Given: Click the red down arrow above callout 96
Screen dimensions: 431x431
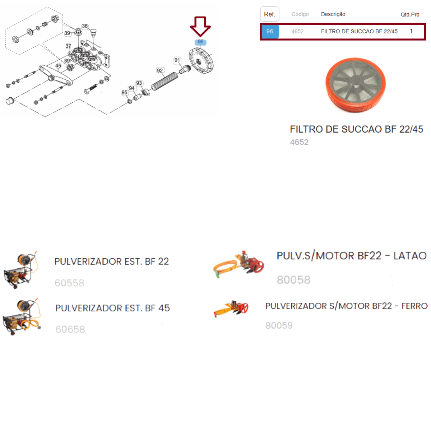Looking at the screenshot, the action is [x=200, y=26].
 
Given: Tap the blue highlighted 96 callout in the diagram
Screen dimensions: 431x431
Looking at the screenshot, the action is [x=200, y=42].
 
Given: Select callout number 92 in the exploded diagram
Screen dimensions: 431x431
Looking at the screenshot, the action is [x=160, y=70].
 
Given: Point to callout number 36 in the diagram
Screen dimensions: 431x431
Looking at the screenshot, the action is [x=85, y=26].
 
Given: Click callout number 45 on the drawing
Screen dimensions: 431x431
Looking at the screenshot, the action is [x=58, y=65].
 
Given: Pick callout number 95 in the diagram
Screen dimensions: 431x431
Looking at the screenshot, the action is [x=125, y=92].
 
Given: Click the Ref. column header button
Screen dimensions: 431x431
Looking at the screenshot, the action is [x=269, y=14].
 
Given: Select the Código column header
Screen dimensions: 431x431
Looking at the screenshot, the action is [x=300, y=14].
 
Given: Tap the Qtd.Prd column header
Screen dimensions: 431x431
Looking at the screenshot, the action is [x=410, y=15].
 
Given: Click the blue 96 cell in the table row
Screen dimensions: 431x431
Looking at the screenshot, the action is [x=270, y=31].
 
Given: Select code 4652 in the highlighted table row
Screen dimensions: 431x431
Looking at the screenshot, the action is [x=297, y=32].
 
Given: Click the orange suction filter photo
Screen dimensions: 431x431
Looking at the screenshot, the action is [x=356, y=85].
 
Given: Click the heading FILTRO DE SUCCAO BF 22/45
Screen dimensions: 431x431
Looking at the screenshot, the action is [x=356, y=129].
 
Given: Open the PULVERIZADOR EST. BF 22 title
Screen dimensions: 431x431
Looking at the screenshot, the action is [x=112, y=261].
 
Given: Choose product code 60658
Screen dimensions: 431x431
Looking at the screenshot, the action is [x=70, y=329].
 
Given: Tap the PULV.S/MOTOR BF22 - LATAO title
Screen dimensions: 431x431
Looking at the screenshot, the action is [x=352, y=256].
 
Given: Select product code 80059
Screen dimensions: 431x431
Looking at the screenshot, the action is [x=279, y=325].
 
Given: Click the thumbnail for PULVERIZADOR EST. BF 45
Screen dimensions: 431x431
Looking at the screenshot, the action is [x=22, y=316].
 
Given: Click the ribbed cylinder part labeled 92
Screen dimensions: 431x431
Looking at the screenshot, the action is [x=164, y=81].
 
